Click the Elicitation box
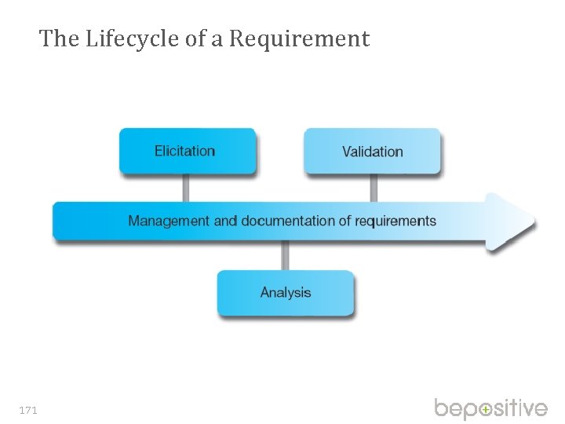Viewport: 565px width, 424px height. pos(188,150)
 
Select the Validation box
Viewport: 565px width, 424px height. pos(372,151)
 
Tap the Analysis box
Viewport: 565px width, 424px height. pos(286,292)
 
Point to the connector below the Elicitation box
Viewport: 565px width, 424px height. pos(186,188)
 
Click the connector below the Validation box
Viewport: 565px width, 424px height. pos(374,188)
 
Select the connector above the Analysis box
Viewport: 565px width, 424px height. pos(285,255)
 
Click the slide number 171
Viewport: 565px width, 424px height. pos(29,409)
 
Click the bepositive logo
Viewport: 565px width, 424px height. pos(491,409)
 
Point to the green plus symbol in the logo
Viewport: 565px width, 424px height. pos(487,410)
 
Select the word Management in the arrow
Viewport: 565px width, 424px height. pos(169,221)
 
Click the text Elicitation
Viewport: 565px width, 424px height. pos(185,151)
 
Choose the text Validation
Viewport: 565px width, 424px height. pos(373,152)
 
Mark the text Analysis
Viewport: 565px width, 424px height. pos(286,293)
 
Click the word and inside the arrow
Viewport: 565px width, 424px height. pos(225,221)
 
